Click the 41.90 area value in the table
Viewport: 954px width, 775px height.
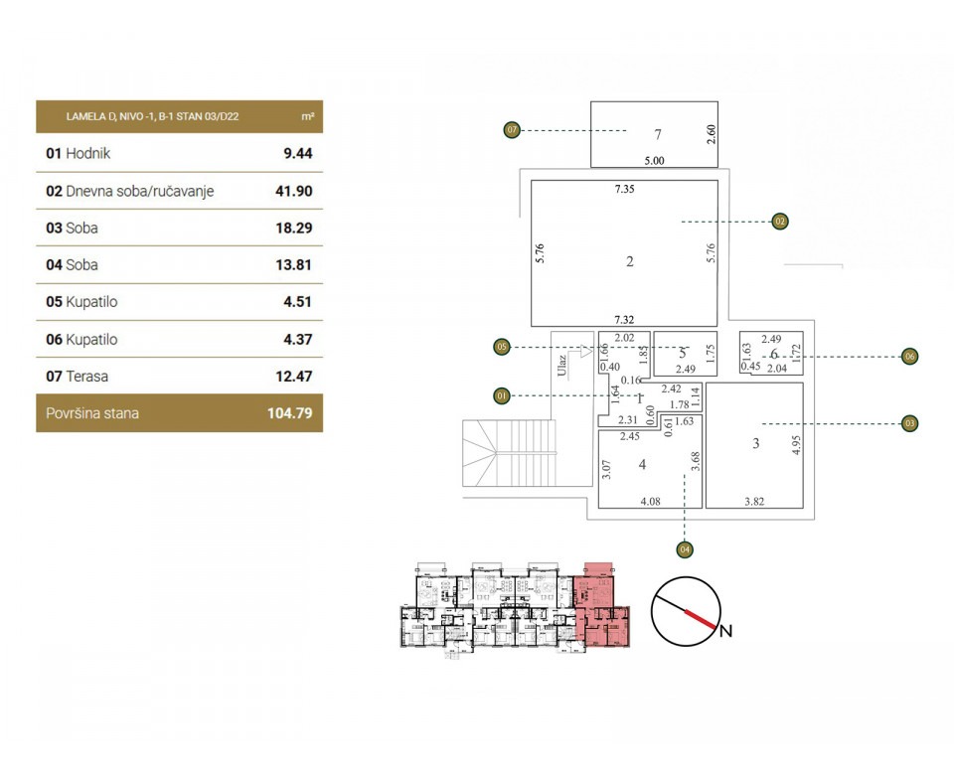(x=293, y=191)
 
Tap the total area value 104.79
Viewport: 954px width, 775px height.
(x=289, y=413)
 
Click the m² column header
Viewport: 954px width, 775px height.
(x=308, y=117)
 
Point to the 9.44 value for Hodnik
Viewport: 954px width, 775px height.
(x=297, y=154)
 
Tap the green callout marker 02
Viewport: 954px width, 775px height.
(x=780, y=221)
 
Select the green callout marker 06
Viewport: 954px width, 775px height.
(x=908, y=356)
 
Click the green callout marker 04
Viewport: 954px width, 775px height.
(x=684, y=547)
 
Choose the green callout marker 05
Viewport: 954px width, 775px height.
(x=502, y=347)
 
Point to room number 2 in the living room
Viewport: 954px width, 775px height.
(x=630, y=262)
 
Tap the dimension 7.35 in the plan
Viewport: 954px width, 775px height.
(x=624, y=188)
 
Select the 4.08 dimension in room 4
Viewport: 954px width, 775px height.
(x=650, y=501)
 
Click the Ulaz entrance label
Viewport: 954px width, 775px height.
(x=561, y=367)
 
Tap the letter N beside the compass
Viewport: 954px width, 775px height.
(x=725, y=631)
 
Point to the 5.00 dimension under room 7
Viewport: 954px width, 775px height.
(x=653, y=160)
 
